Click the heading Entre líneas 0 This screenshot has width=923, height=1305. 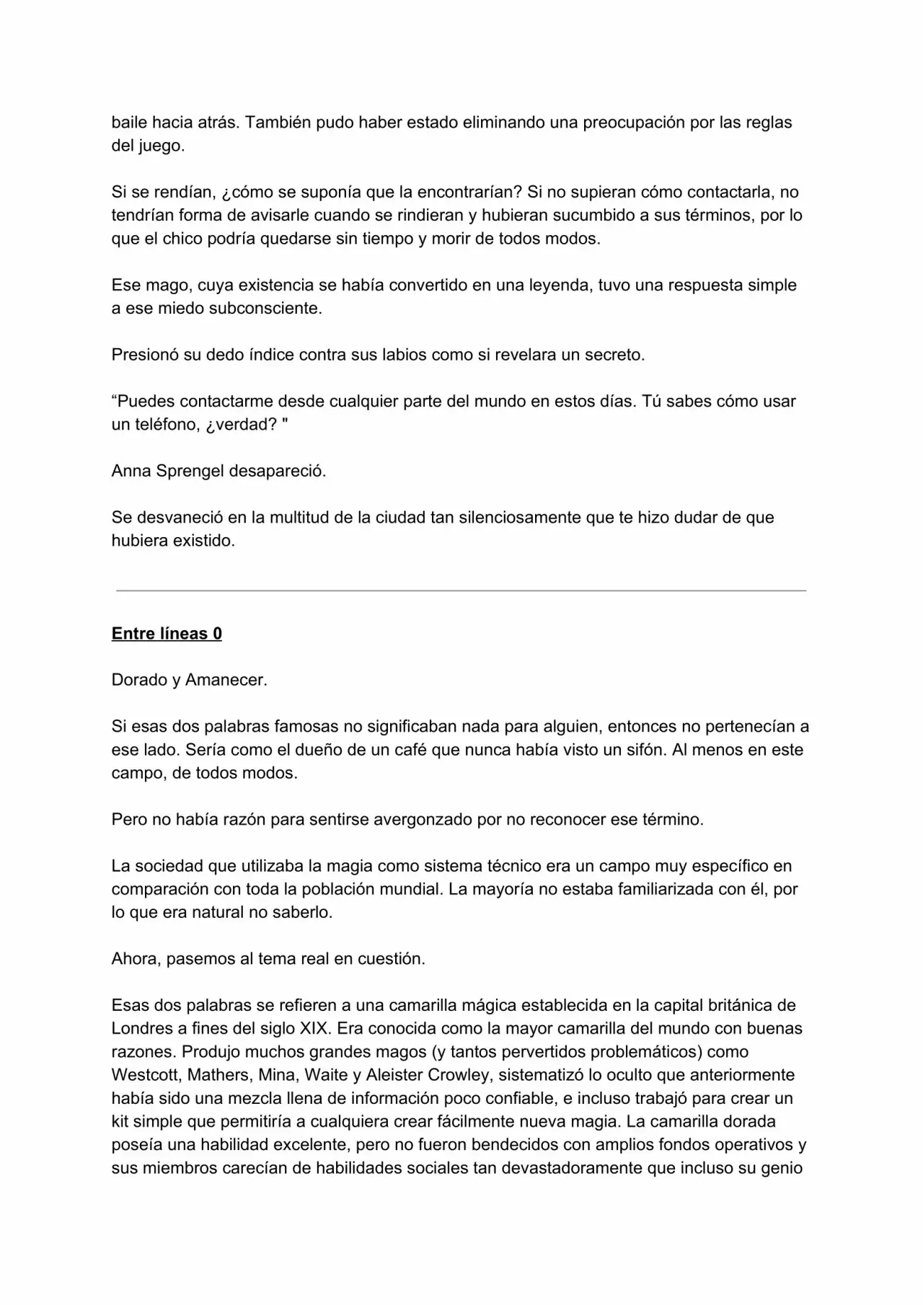point(167,634)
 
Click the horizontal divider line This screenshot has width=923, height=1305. point(461,590)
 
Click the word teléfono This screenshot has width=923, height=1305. point(156,425)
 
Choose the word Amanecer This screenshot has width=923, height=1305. point(226,680)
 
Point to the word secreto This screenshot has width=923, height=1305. point(614,355)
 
